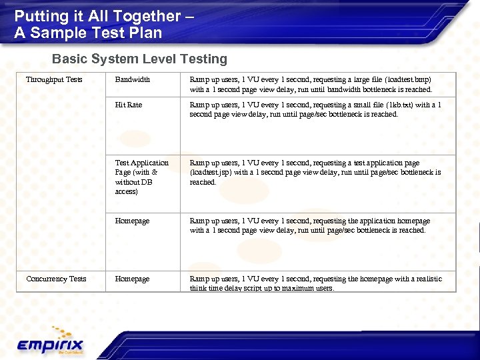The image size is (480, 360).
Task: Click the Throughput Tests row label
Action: [x=54, y=80]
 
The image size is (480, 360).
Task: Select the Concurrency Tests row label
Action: [x=56, y=279]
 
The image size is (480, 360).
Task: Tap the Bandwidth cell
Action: [x=132, y=80]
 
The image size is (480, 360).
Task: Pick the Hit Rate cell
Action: [x=128, y=105]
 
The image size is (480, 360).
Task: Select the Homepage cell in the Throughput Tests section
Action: [x=132, y=221]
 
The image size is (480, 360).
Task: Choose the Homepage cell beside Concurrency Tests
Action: [x=132, y=279]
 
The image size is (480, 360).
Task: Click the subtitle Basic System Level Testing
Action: [x=139, y=59]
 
